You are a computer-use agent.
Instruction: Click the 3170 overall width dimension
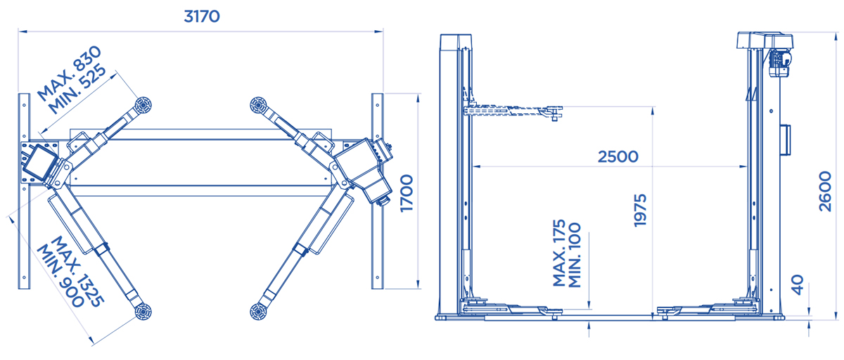[202, 17]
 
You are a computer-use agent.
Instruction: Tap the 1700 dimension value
[407, 193]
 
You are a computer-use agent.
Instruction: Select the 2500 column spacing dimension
[618, 157]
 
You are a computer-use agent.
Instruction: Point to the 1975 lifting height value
[640, 210]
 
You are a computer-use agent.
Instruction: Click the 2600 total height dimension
[825, 191]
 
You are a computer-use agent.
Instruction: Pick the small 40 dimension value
[798, 285]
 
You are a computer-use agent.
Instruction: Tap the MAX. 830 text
[70, 73]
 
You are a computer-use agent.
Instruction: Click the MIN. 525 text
[77, 89]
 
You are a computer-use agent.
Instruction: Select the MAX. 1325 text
[77, 271]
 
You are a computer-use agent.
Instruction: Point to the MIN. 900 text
[60, 276]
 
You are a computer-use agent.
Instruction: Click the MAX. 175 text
[559, 252]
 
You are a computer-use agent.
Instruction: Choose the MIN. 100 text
[574, 255]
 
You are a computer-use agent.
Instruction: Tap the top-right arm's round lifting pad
[258, 104]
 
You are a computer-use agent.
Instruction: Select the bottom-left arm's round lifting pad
[143, 311]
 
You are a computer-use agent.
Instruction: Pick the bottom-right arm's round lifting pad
[258, 311]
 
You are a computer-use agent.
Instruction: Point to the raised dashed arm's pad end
[553, 112]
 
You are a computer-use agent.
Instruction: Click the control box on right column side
[785, 139]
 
